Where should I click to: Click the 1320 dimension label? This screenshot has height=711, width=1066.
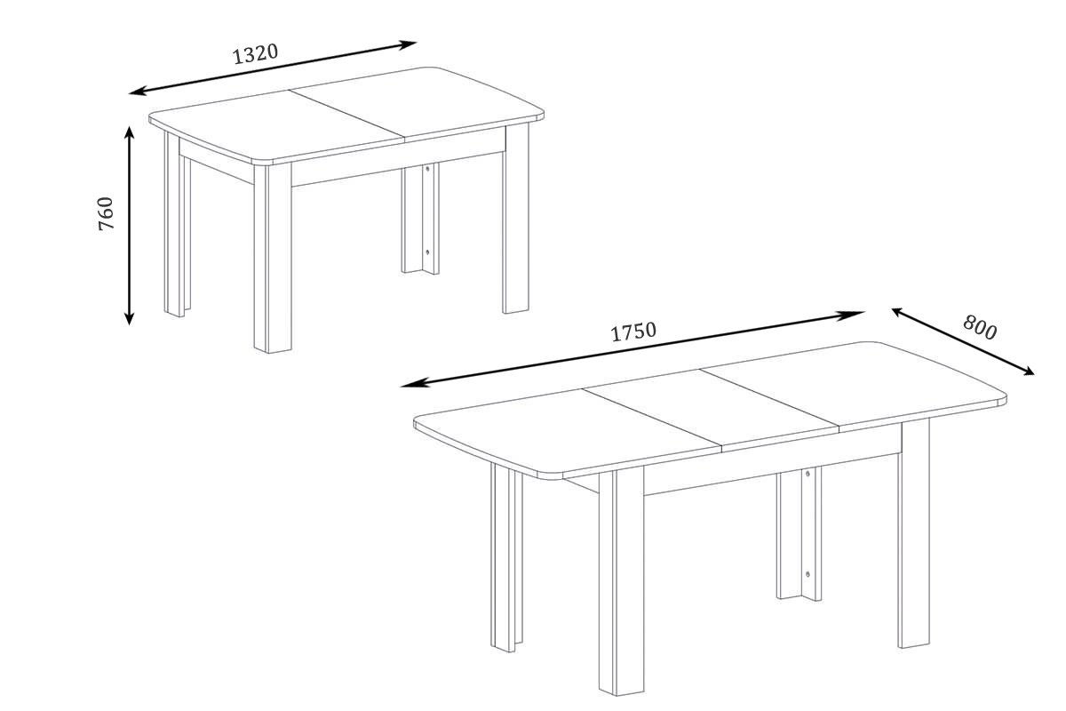pos(255,54)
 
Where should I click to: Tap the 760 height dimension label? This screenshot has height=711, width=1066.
pos(106,213)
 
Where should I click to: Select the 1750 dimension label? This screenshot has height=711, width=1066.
pos(633,332)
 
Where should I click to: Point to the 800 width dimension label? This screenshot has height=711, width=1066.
pos(979,328)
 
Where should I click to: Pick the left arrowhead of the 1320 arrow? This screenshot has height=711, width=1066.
pos(137,92)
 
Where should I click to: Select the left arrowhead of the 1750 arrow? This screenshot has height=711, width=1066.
pos(410,384)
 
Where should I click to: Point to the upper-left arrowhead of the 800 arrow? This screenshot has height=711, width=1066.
pos(898,312)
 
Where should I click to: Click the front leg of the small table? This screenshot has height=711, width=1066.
pos(273,258)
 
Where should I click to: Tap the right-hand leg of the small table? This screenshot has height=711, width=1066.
pos(516,218)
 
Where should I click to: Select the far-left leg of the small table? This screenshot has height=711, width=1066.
pos(178,225)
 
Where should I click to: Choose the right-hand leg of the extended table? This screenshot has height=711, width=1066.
pos(914,534)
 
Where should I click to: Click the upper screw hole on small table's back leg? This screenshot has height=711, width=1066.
pos(427,169)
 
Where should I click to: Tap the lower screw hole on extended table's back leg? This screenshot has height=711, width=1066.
pos(807,574)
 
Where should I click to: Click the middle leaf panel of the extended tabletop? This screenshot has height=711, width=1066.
pos(711,410)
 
